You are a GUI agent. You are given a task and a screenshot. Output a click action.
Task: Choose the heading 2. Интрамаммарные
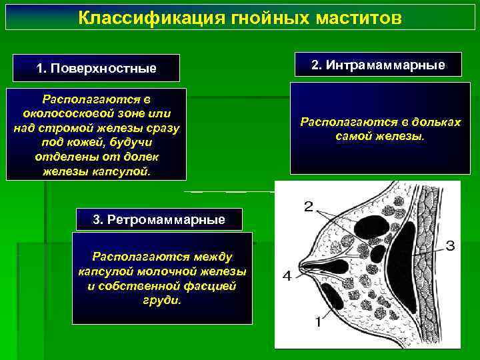[377, 65]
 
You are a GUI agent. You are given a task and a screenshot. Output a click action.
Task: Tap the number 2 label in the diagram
[308, 206]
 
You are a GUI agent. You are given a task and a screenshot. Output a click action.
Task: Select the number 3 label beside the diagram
[450, 246]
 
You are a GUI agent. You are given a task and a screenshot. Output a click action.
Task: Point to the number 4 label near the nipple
[286, 275]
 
